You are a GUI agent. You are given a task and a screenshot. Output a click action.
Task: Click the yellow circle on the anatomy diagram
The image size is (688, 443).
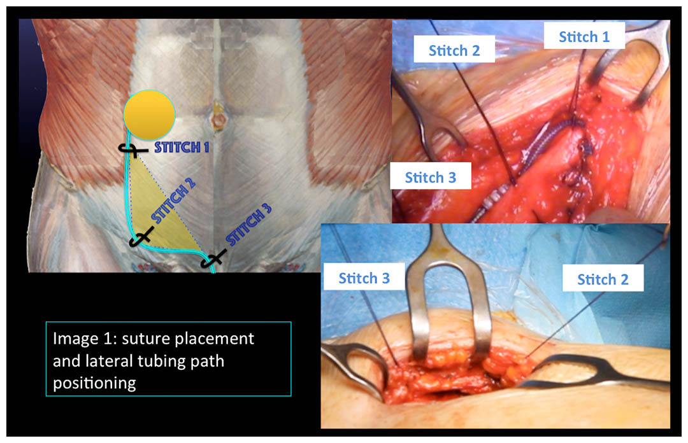click(149, 115)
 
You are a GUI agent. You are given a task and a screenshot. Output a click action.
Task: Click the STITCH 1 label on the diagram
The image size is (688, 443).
click(181, 148)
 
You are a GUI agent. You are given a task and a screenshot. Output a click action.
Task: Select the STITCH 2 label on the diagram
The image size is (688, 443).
click(173, 201)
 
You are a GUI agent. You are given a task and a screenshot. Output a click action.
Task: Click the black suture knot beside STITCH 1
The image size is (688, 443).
click(133, 150)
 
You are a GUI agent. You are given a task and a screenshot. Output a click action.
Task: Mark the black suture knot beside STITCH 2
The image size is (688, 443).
click(141, 237)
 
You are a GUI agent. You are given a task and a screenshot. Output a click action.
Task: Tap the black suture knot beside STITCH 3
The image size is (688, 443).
click(213, 259)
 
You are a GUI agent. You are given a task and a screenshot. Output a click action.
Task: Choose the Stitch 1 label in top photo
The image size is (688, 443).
click(584, 36)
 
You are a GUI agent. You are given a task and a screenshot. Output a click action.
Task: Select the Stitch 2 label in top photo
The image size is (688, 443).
click(454, 50)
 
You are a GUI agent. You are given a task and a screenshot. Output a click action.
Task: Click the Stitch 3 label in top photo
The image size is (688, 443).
click(431, 177)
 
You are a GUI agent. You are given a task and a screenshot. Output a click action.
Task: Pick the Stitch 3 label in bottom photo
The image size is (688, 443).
click(364, 278)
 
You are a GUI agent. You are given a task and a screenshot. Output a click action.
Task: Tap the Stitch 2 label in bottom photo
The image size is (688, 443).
click(603, 279)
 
